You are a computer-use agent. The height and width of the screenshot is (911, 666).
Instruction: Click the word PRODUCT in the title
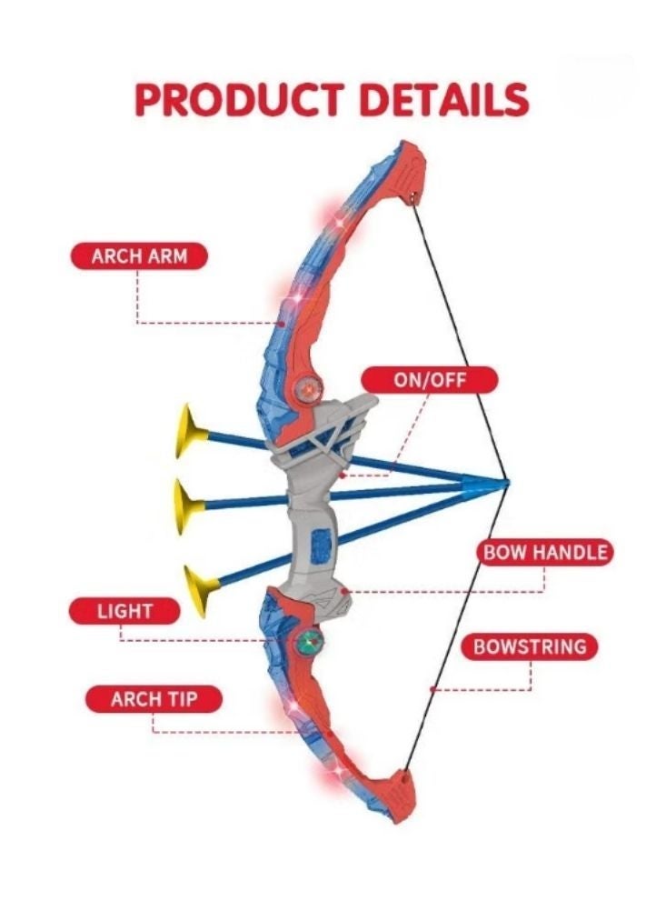tap(239, 99)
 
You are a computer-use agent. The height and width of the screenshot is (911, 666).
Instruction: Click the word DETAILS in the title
tap(444, 99)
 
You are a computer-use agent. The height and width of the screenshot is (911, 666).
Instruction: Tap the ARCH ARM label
tap(139, 256)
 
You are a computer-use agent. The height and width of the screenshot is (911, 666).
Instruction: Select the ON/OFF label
tap(430, 380)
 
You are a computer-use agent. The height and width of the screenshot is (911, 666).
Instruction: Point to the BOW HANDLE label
tap(545, 552)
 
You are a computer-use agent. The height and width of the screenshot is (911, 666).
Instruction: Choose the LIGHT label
tap(124, 611)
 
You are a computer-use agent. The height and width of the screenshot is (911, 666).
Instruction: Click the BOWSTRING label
tap(530, 646)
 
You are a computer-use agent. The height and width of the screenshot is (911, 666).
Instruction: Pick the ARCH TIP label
tap(154, 699)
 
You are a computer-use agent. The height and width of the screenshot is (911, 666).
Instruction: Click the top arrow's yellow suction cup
tap(190, 431)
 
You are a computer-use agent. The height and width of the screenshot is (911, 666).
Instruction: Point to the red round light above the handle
tap(308, 388)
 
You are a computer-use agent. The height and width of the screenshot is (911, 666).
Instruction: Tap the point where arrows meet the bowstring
tap(507, 482)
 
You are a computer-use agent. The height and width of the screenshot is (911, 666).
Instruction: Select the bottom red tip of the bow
tap(402, 795)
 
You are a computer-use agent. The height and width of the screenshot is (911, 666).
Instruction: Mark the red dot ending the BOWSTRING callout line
tap(432, 690)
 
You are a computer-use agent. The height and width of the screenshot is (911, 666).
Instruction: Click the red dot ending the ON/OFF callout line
tap(343, 476)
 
